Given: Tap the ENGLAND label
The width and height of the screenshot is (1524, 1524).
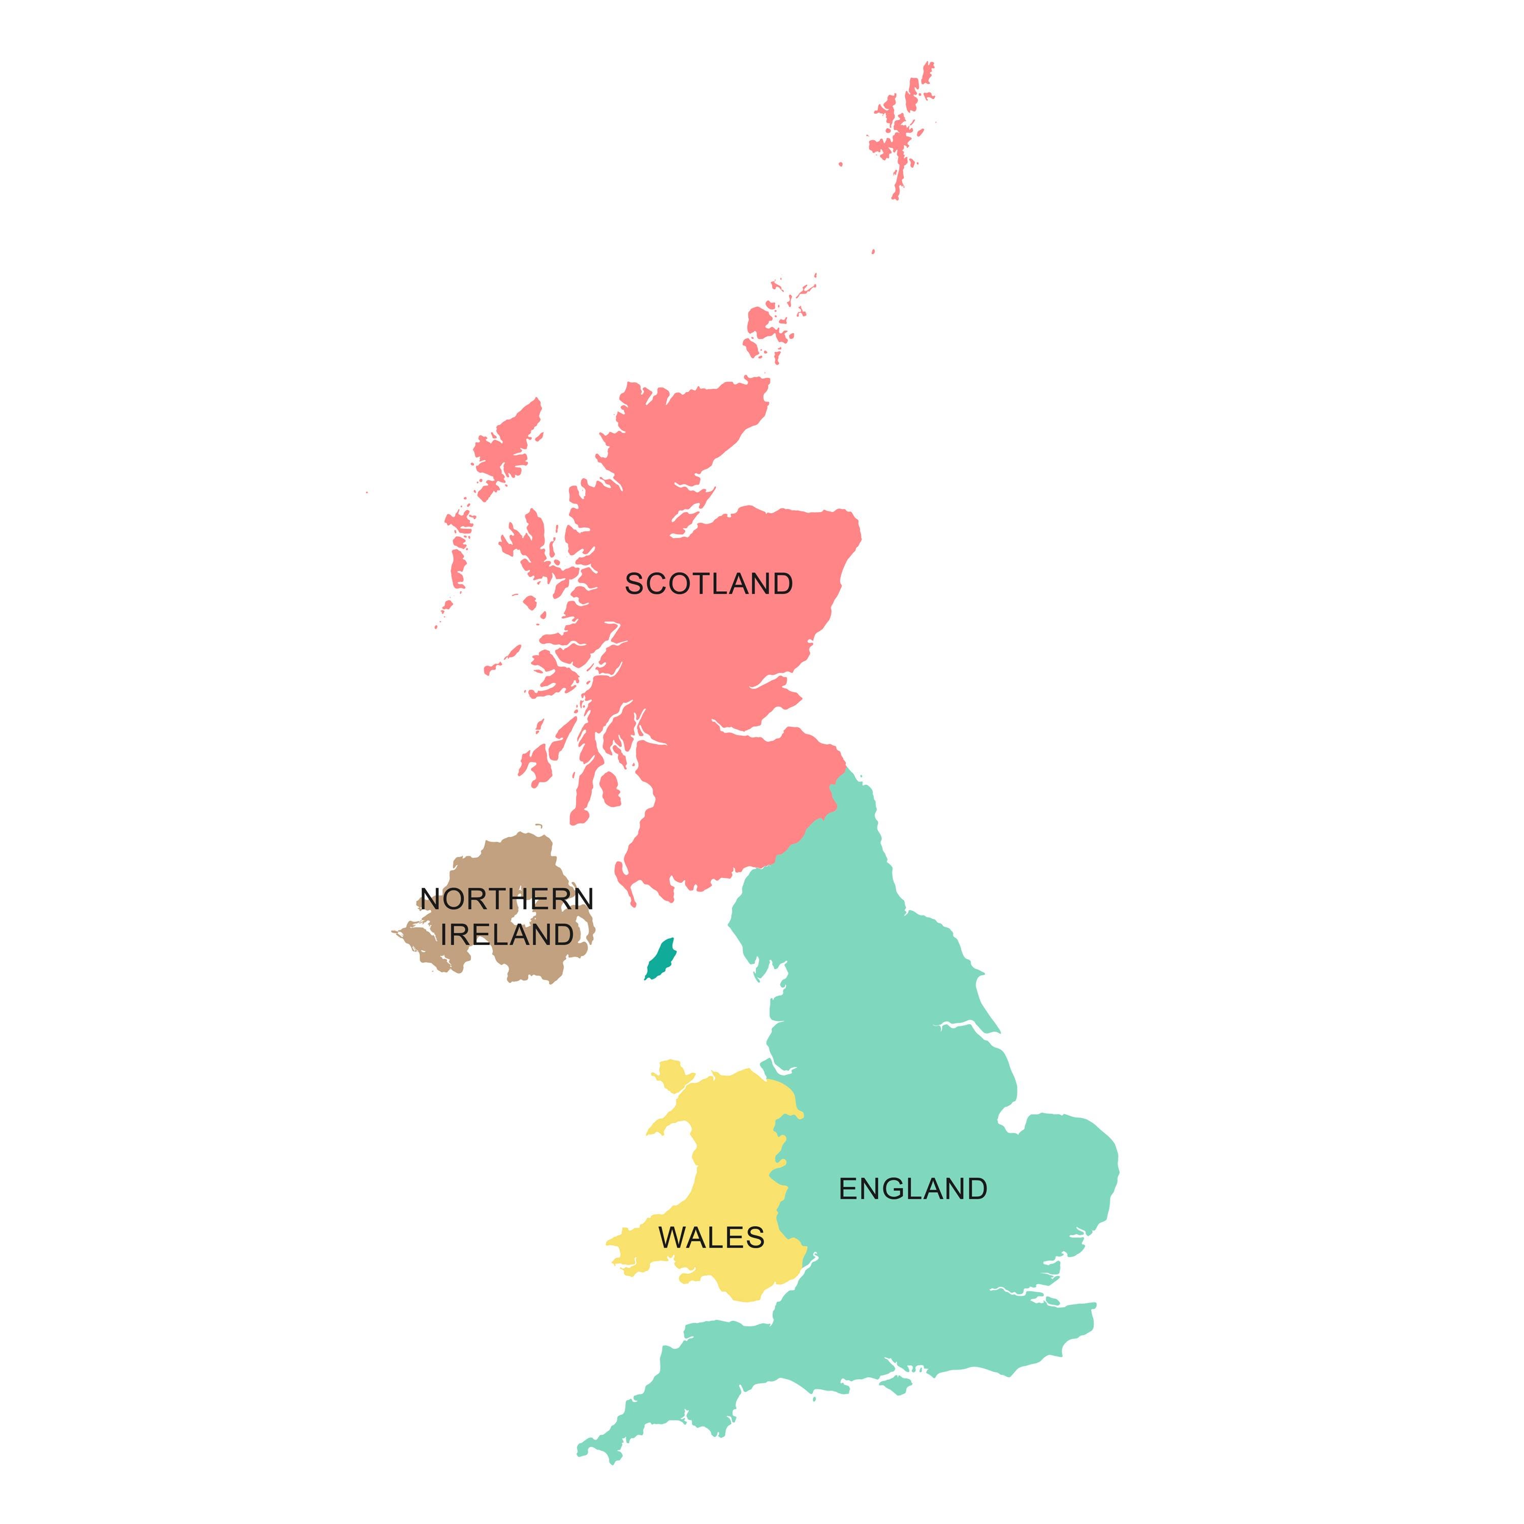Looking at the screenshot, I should (913, 1189).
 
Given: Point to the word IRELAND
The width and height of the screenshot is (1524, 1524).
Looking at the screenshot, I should (506, 934).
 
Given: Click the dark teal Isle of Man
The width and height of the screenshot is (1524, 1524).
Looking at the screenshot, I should (660, 959).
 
